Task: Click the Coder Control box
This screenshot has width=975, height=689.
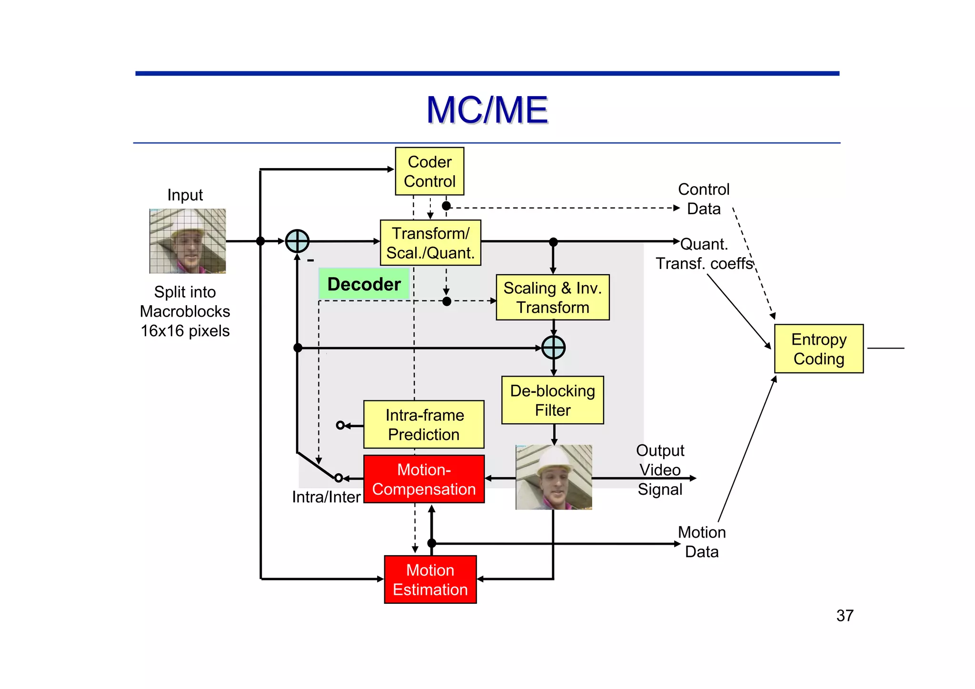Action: coord(429,171)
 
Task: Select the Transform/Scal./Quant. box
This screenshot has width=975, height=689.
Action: coord(430,243)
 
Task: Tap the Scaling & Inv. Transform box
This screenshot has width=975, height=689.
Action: coord(553,298)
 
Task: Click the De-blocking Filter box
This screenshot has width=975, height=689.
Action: coord(553,400)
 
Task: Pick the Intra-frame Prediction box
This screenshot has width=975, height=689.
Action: coord(424,425)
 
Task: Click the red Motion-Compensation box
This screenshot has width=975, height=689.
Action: coord(424,479)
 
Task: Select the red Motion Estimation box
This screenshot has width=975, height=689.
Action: coord(430,579)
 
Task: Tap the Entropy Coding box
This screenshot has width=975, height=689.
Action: coord(819,349)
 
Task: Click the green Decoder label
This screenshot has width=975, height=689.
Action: coord(364,284)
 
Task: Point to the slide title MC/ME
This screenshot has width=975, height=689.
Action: coord(487,110)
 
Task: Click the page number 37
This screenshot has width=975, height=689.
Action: coord(845,616)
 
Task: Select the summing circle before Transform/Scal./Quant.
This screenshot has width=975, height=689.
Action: coord(297,241)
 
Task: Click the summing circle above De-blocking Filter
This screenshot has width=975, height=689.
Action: coord(554,348)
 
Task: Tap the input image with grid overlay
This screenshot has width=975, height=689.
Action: coord(188,241)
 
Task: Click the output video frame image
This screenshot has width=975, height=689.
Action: coord(554,477)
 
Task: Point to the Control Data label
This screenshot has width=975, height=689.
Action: coord(704,199)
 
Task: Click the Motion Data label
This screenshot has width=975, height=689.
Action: coord(702,542)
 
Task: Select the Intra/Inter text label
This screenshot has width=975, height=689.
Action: coord(326,497)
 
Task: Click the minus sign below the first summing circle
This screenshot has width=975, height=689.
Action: coord(310,260)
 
